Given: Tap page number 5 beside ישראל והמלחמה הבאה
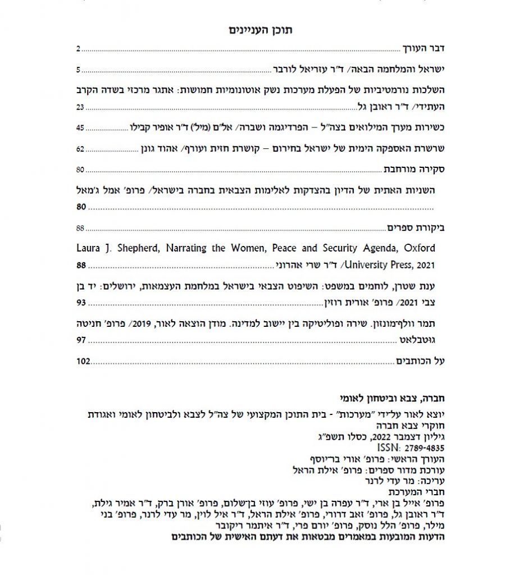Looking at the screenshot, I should click(x=79, y=70).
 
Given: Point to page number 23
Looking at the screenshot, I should click(x=80, y=107).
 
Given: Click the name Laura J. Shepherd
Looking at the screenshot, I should click(x=110, y=248).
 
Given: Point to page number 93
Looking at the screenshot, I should click(x=80, y=303).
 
